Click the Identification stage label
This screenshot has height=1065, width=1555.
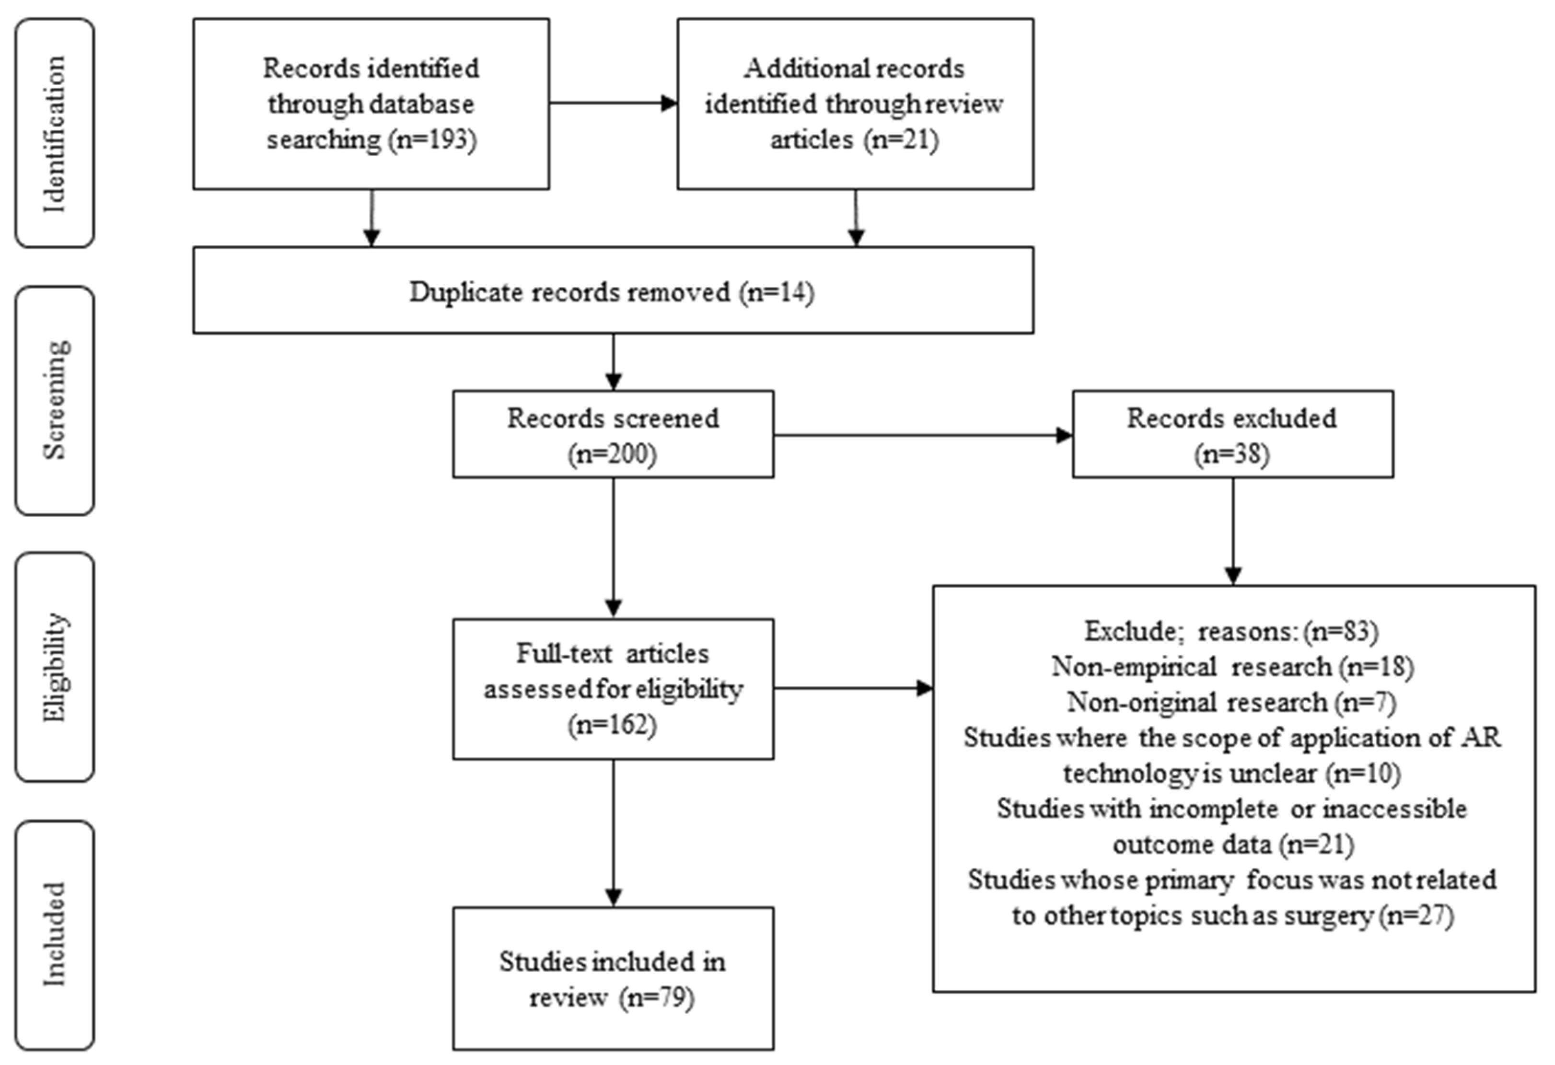pyautogui.click(x=55, y=134)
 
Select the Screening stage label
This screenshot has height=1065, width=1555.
pyautogui.click(x=55, y=400)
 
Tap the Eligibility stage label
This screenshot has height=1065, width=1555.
pyautogui.click(x=55, y=667)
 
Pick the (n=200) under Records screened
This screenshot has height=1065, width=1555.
pyautogui.click(x=612, y=454)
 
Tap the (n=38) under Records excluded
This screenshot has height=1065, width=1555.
pyautogui.click(x=1232, y=454)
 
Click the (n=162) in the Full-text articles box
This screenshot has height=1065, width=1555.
pyautogui.click(x=612, y=725)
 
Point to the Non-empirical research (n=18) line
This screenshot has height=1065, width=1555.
pyautogui.click(x=1232, y=667)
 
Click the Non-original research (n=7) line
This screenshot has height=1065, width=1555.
pyautogui.click(x=1232, y=703)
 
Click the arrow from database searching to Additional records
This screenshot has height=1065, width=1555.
pyautogui.click(x=612, y=103)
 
